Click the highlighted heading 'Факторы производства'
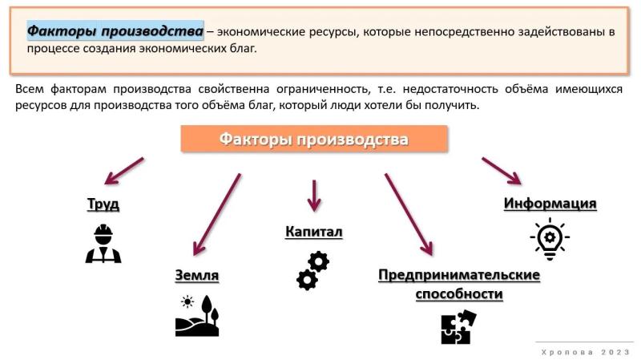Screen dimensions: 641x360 115,30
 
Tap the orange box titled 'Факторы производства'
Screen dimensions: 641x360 314,139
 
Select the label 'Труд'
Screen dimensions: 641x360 103,204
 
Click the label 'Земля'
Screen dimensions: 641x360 196,275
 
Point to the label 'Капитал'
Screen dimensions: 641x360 314,232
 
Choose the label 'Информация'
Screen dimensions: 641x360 550,204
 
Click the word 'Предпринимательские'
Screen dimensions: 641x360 459,275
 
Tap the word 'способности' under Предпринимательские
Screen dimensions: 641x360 459,293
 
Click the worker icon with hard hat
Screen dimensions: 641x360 103,243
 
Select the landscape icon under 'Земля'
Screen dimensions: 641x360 197,316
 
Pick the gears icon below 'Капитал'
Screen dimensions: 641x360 313,271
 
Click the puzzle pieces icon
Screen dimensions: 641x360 458,326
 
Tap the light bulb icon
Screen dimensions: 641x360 550,239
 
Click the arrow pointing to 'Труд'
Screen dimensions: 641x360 124,171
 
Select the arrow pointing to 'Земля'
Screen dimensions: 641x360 217,215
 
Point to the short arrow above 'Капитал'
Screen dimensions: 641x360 314,196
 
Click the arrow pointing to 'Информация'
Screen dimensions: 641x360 502,171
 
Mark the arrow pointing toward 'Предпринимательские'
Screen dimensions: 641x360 409,215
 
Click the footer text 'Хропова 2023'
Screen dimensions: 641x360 586,352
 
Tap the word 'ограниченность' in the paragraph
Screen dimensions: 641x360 324,89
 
